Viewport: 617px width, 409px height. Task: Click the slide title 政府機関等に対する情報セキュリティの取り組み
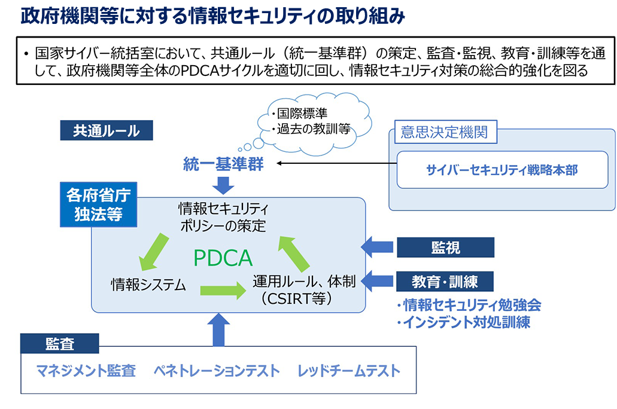(x=212, y=16)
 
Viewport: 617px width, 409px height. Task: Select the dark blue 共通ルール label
(x=107, y=131)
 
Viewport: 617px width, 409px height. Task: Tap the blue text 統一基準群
(x=223, y=164)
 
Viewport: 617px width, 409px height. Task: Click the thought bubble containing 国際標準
(x=310, y=121)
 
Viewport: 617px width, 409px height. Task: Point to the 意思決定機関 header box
(x=444, y=132)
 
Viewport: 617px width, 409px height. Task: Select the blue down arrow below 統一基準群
(x=223, y=185)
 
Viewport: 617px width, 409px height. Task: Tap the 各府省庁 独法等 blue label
(x=98, y=205)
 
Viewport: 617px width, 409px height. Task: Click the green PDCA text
(x=223, y=258)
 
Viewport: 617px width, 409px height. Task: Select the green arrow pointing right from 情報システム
(x=223, y=291)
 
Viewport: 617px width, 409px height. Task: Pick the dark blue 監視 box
(x=445, y=248)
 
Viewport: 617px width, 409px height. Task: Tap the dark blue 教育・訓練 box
(x=445, y=281)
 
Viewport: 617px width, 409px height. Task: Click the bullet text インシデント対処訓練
(x=463, y=322)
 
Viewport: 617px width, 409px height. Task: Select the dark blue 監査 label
(x=60, y=344)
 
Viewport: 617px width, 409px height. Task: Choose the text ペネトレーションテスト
(x=217, y=371)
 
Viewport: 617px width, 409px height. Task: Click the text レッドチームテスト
(x=349, y=371)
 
